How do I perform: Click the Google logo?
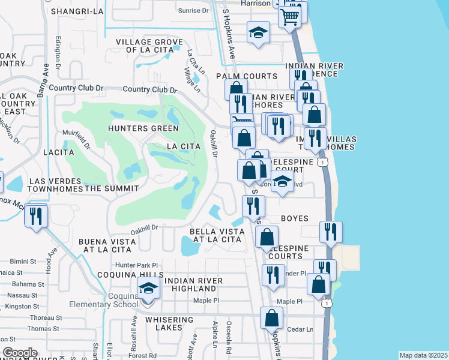pos(20,353)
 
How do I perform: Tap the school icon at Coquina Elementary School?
pos(148,289)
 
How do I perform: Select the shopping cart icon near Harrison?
pos(291,17)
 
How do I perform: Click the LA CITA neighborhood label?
pos(182,146)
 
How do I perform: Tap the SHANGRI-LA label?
pos(74,11)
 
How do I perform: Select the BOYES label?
pos(294,219)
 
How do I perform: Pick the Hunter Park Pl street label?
pos(137,265)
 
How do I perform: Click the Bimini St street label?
pos(24,262)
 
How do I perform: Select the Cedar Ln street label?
pos(301,329)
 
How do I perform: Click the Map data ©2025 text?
pos(423,355)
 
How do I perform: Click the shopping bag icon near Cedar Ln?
pos(272,319)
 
